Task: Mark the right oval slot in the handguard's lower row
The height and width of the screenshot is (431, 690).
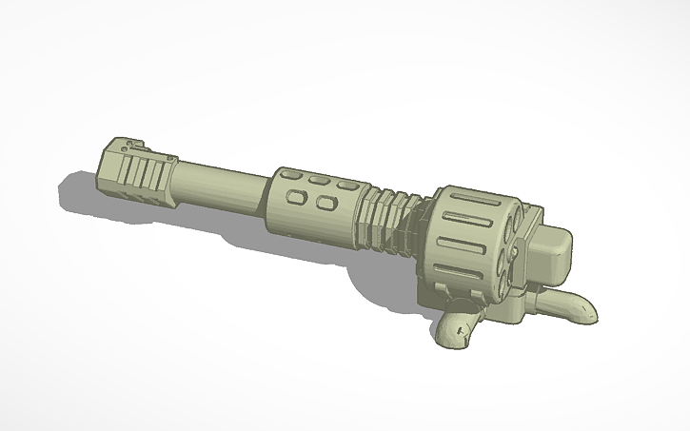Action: point(325,203)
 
